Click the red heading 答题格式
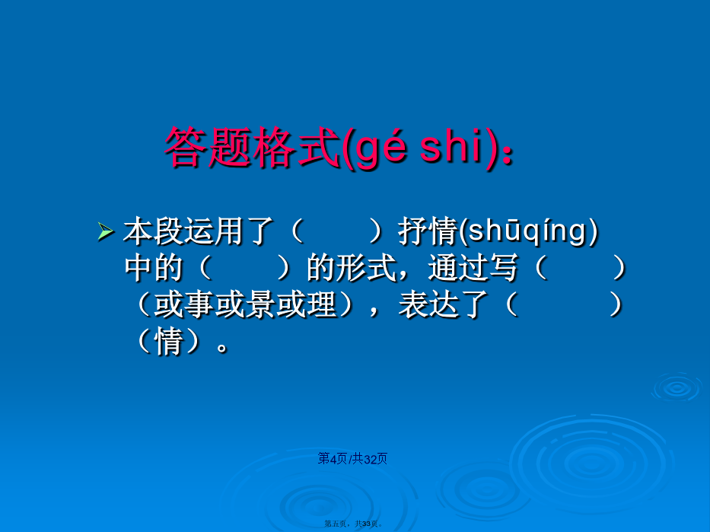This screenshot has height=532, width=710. coord(252,147)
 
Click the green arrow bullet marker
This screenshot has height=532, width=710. coord(106,232)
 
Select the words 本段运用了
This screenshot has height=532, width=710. coord(199,231)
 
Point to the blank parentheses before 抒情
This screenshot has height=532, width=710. coord(336,231)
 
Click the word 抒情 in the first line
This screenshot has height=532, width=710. coord(428,231)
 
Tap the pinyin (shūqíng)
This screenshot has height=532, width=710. coord(528,231)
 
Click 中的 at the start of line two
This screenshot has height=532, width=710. coord(154,268)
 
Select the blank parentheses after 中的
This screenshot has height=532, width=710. coord(244,268)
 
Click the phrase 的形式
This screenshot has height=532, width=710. coord(352,268)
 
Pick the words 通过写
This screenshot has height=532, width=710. coord(473,268)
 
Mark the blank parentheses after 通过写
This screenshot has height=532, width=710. coord(580,268)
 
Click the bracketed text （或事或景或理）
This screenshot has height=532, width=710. coord(244,304)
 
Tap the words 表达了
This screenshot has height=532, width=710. coord(443,304)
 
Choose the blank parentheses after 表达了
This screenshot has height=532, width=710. coord(563,304)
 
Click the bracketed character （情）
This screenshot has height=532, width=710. coord(168,341)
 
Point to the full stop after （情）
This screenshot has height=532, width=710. coord(222,348)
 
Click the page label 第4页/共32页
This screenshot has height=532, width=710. coord(352,459)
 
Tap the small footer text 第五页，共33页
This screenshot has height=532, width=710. coord(353,524)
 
